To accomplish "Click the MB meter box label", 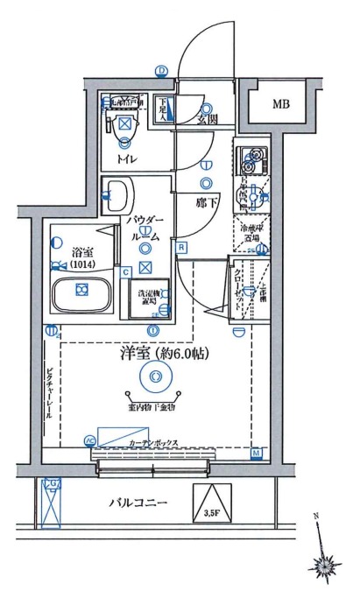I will (279, 105).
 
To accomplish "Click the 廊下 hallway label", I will (207, 200).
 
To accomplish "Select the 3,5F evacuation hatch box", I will (210, 505).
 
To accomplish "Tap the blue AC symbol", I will (89, 440).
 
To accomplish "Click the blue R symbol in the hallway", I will (181, 247).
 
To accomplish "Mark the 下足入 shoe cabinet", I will (164, 109).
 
